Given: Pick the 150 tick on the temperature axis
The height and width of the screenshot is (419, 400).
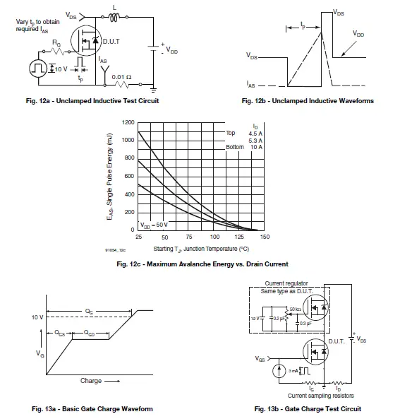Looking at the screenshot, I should [265, 237].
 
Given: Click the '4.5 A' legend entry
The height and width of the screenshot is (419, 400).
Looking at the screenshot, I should [253, 133].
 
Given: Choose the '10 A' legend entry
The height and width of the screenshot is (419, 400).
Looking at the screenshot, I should [255, 147].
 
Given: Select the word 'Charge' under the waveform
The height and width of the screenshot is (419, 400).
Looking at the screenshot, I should [91, 381].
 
